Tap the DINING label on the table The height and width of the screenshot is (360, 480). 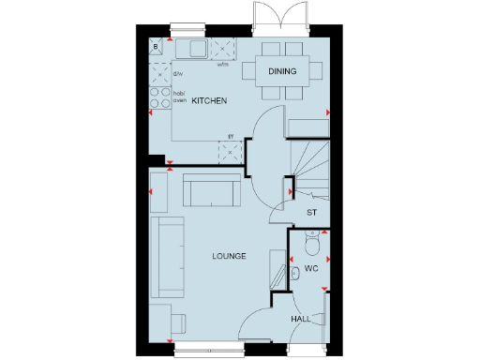pos(282,70)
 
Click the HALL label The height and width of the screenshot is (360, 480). pos(300,320)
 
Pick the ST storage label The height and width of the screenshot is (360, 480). pos(312,213)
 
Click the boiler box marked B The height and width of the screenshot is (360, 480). pos(156,46)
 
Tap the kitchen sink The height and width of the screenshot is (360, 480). pos(198,49)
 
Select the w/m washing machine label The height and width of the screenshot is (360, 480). pos(224,66)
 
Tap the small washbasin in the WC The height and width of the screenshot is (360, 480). pos(292,273)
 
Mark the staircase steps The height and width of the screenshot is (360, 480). pos(307,164)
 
